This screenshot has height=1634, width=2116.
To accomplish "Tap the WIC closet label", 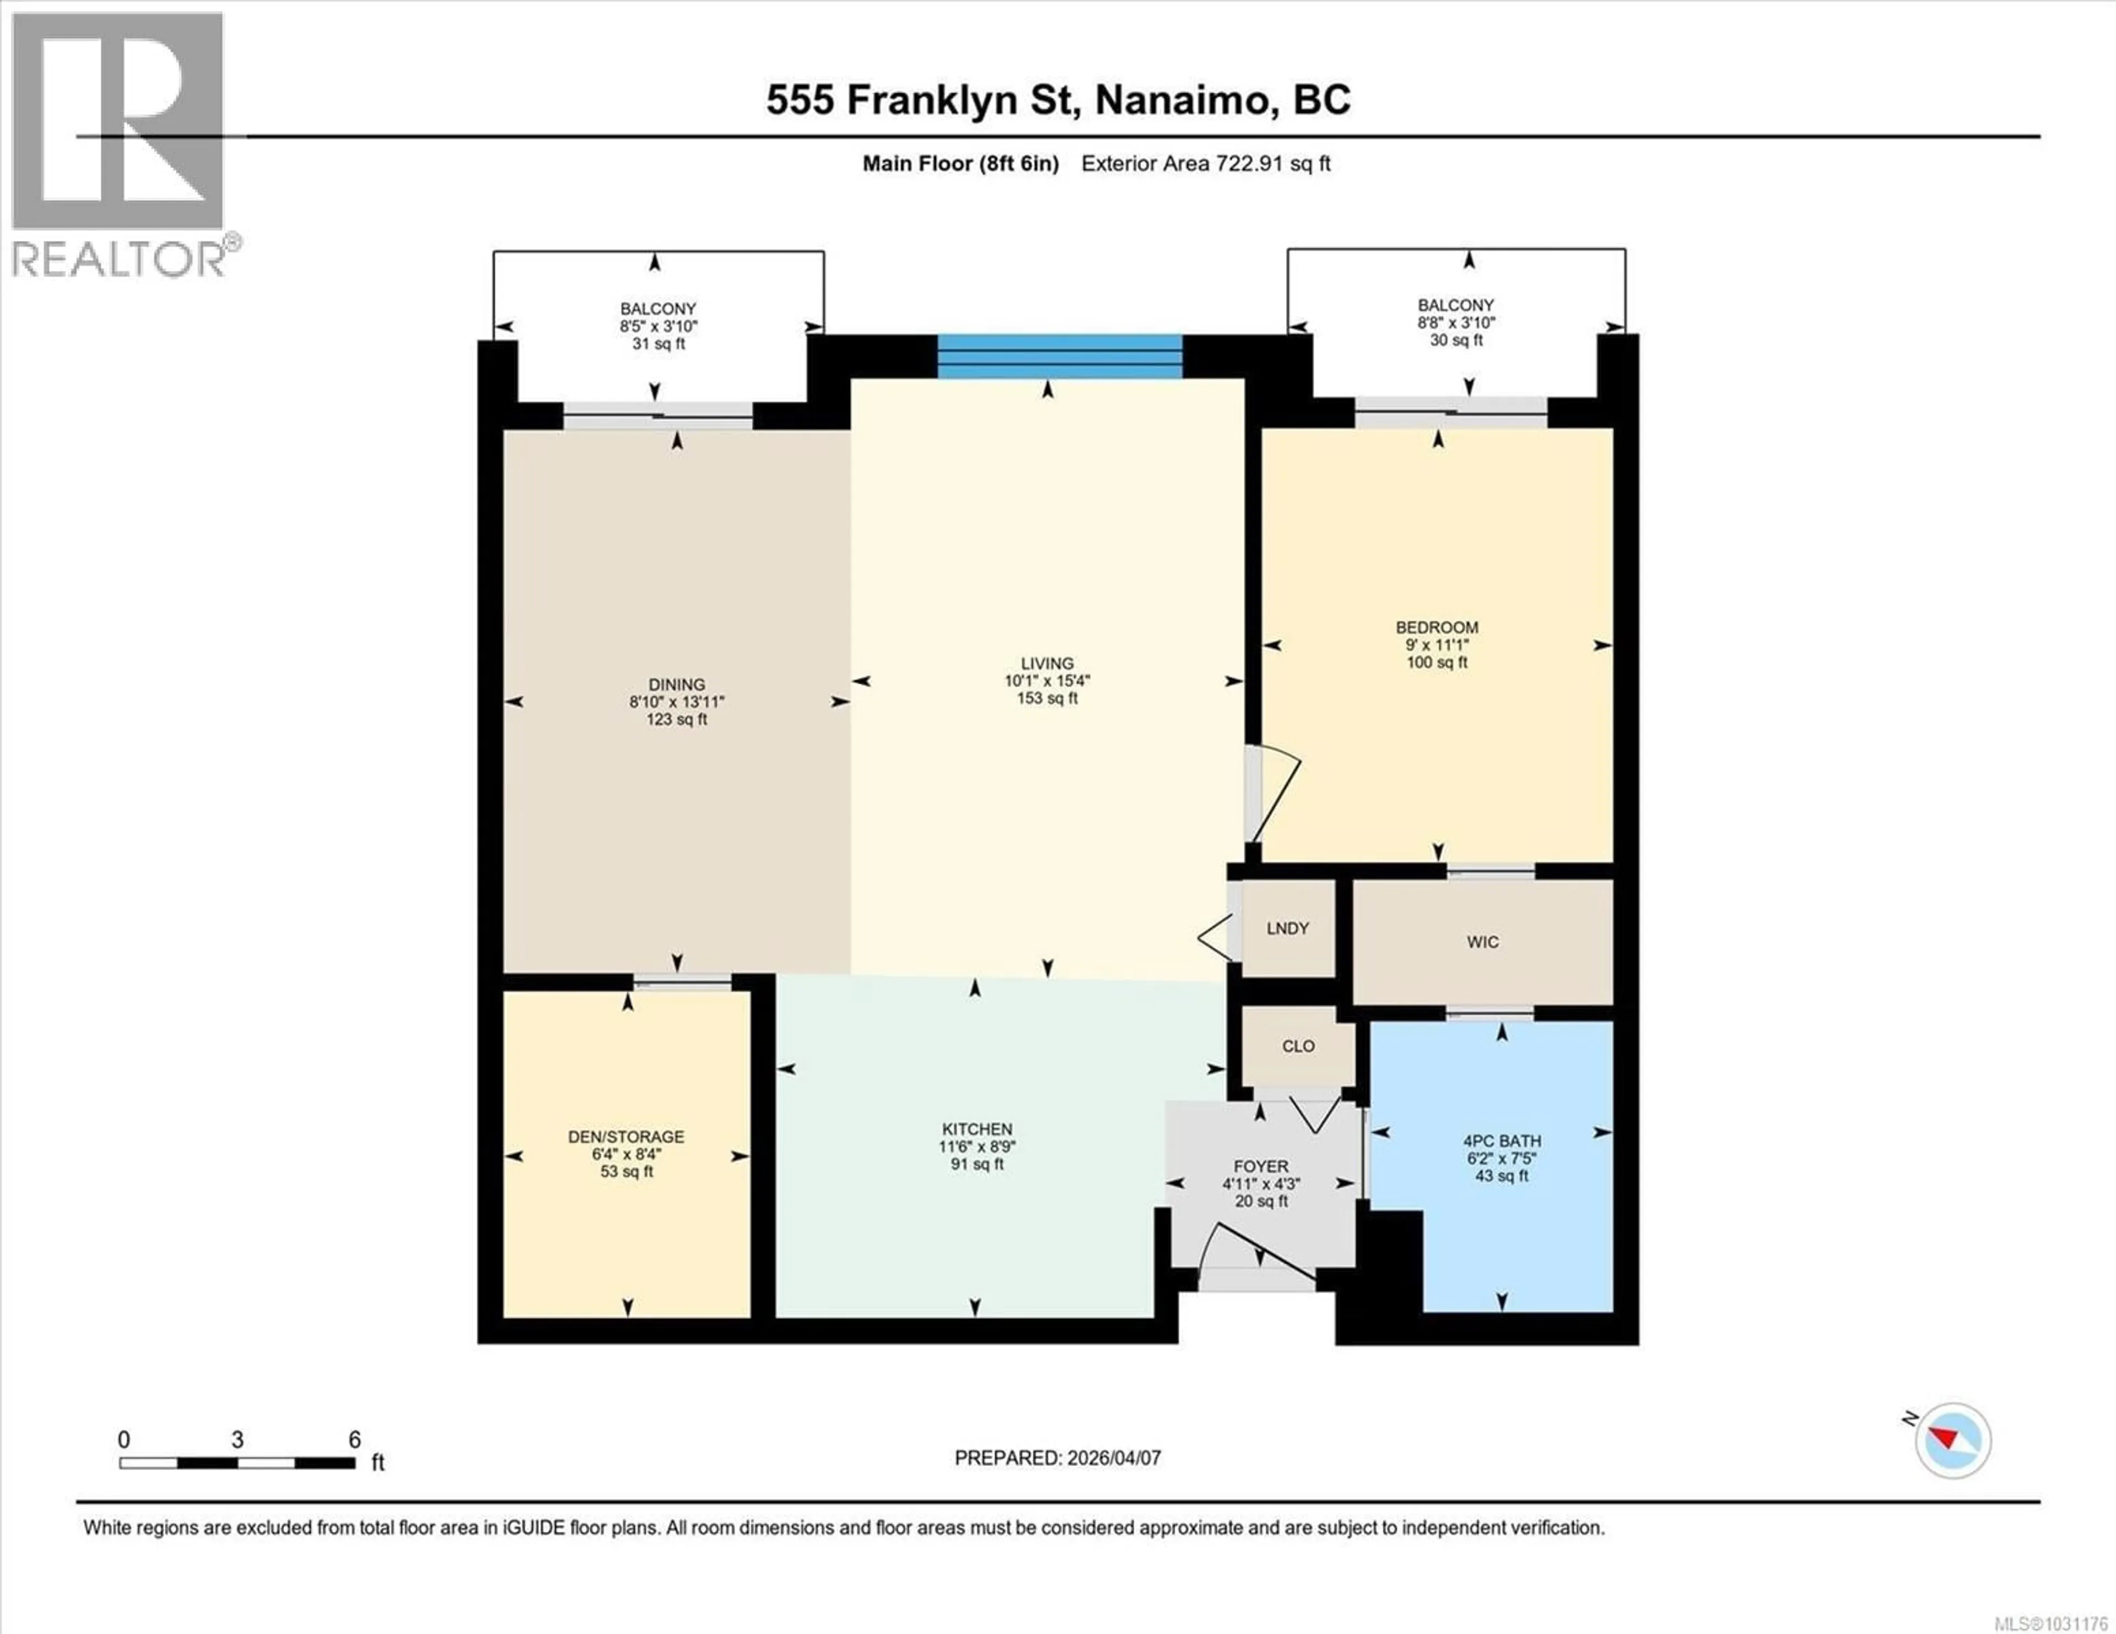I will [1482, 941].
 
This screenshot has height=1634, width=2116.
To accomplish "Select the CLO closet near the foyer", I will [1298, 1046].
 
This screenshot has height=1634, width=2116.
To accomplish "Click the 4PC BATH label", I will [1502, 1141].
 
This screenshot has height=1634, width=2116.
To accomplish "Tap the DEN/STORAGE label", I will [626, 1136].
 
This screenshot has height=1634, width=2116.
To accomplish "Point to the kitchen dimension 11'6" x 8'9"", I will [976, 1147].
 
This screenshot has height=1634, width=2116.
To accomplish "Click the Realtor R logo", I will [118, 121].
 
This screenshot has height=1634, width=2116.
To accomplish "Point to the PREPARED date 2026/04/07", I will [1112, 1458].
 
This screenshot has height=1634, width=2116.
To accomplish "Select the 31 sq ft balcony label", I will [659, 344].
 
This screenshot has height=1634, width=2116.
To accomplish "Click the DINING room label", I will [676, 684].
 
